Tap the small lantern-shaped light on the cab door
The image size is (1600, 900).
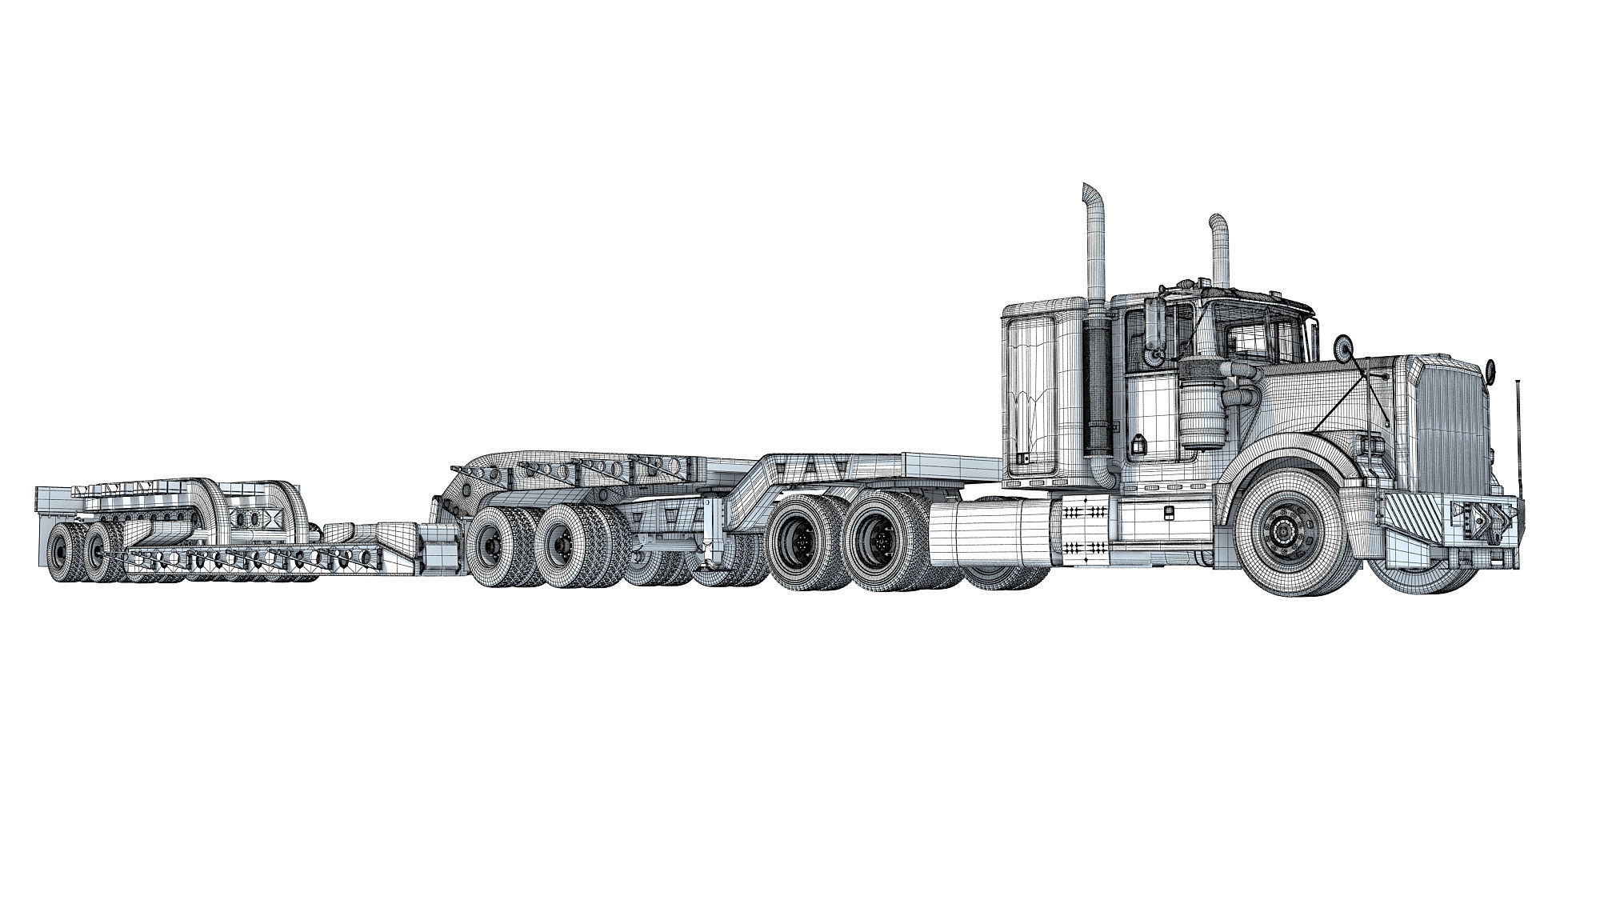pos(1135,443)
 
